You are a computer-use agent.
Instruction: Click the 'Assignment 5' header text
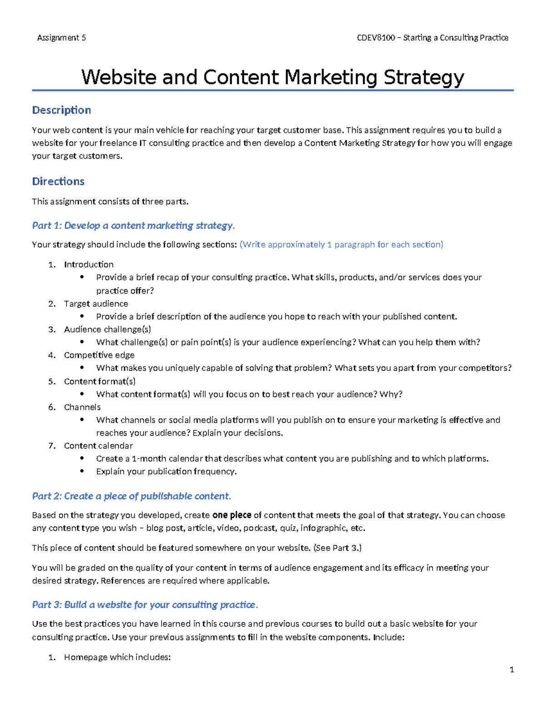[61, 38]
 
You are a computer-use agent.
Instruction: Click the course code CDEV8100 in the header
[376, 38]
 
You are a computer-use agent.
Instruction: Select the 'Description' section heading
[61, 110]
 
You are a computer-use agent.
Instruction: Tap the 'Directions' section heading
[58, 182]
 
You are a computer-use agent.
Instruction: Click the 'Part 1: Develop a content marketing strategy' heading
[133, 226]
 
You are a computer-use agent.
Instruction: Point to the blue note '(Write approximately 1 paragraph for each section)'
[341, 245]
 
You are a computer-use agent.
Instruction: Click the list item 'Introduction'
[89, 264]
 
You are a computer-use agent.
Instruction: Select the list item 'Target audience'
[96, 304]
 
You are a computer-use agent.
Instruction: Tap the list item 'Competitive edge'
[99, 355]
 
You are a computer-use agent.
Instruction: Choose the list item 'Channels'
[82, 407]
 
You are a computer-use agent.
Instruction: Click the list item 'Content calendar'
[98, 446]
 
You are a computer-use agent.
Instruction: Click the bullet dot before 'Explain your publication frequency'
[82, 472]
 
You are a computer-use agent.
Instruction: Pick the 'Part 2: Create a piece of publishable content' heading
[131, 496]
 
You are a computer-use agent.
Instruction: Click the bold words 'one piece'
[232, 515]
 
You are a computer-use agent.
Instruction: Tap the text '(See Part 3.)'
[337, 548]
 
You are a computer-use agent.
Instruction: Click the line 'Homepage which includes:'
[117, 657]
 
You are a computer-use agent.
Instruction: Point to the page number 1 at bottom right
[512, 670]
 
